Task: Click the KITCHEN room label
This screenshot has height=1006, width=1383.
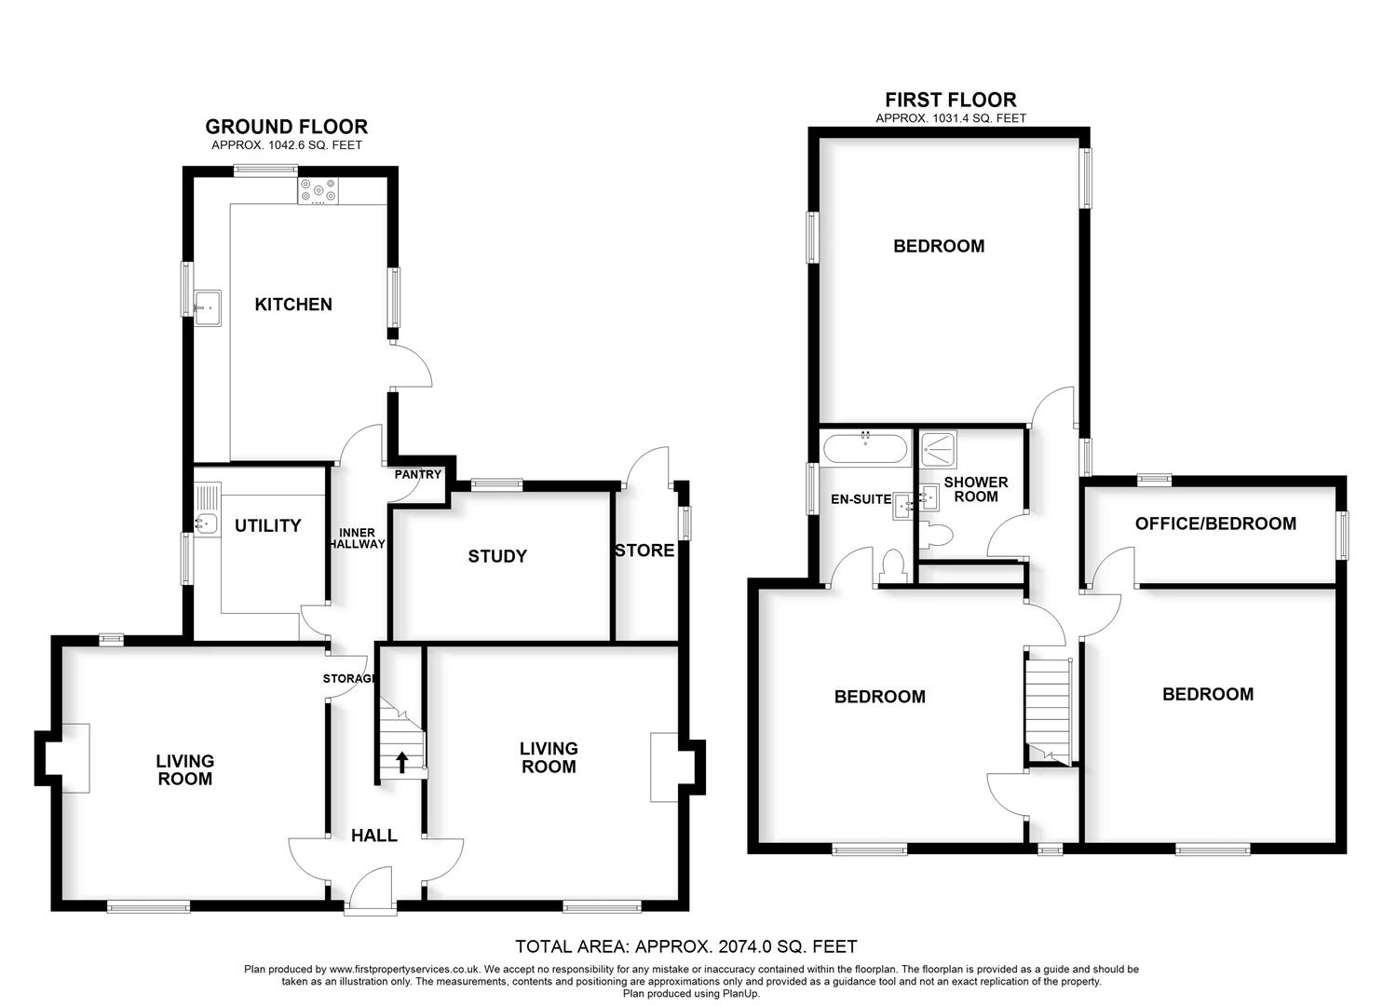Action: (x=293, y=305)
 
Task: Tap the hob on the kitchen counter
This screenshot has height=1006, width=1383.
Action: (x=319, y=191)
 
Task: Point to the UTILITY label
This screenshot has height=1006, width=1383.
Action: (x=267, y=526)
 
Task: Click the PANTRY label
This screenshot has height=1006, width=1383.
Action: (x=417, y=474)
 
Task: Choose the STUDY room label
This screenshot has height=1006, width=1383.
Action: (x=497, y=556)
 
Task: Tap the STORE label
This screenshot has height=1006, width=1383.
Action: (x=644, y=551)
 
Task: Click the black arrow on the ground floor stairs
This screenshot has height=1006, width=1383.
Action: (x=402, y=763)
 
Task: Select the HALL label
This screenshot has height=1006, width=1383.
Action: (x=374, y=836)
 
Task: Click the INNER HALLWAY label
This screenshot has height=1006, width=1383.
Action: (x=357, y=537)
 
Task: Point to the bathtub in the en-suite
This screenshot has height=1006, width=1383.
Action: (x=865, y=447)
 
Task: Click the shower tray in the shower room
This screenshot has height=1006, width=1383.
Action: (x=936, y=448)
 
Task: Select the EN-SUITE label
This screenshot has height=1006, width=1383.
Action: (x=861, y=499)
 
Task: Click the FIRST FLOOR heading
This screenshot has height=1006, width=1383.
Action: (x=950, y=100)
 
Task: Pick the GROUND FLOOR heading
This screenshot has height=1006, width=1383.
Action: (x=286, y=127)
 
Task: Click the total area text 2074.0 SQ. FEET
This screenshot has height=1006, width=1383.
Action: (x=685, y=947)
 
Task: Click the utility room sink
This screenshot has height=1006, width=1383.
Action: (x=205, y=523)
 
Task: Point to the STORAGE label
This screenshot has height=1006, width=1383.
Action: (x=349, y=679)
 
